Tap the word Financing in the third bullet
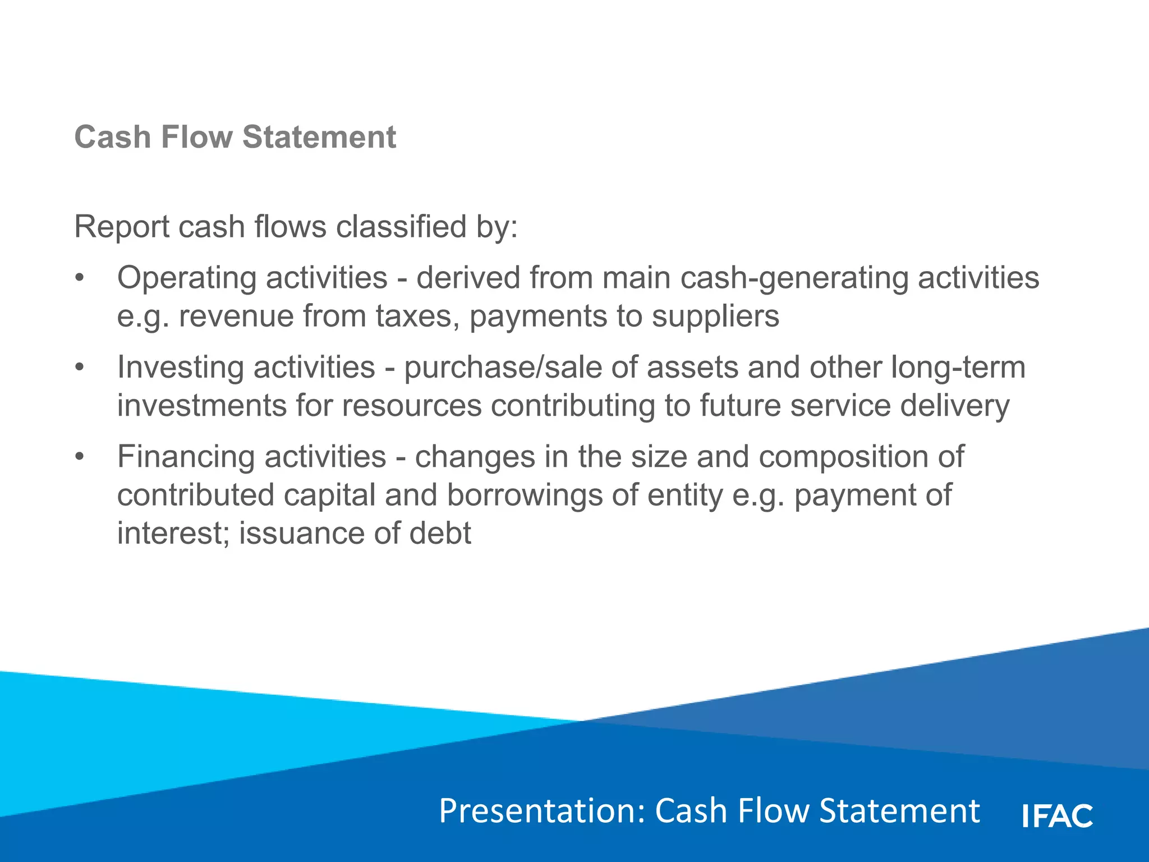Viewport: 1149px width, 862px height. [186, 457]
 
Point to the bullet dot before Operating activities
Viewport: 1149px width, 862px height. [80, 278]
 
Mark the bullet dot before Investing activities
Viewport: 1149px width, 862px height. [80, 368]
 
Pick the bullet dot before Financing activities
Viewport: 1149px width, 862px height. [80, 457]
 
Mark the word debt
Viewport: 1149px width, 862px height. [440, 533]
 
